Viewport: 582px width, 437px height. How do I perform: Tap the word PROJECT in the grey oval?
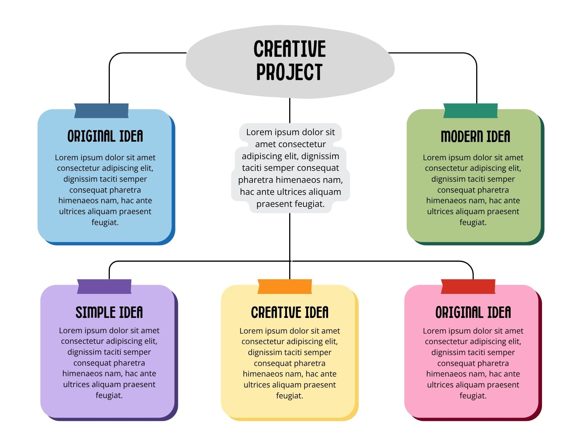289,72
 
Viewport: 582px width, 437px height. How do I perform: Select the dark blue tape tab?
101,111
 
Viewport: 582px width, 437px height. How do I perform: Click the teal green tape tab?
470,111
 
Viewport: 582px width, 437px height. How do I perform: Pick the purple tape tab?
104,287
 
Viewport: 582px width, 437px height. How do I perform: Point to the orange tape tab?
285,287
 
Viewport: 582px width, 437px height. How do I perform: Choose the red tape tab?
468,287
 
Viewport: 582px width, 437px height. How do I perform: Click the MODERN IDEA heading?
475,136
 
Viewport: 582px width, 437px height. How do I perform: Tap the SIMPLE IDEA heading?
109,312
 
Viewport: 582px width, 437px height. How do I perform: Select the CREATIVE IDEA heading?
290,312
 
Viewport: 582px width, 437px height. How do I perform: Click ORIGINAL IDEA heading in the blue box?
105,136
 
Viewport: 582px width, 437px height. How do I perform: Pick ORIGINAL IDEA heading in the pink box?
473,312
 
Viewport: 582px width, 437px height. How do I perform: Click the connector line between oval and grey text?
290,111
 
